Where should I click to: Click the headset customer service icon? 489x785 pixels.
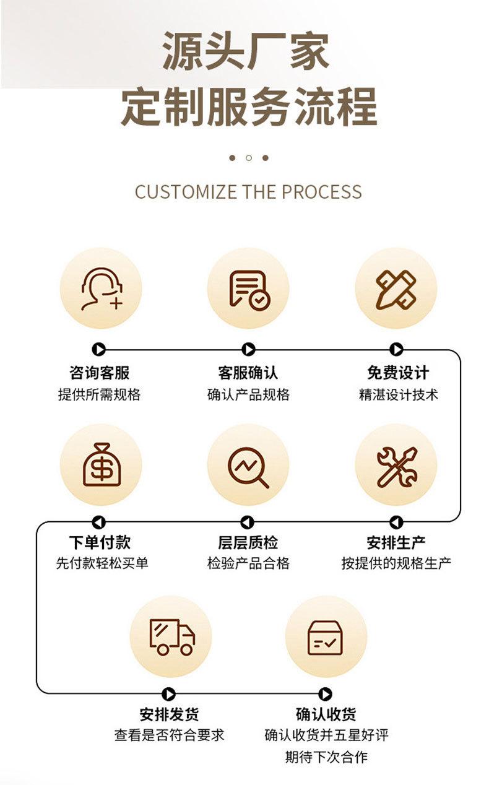pos(101,289)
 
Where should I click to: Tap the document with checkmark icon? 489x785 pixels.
pos(248,289)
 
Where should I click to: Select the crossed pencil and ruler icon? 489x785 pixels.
pos(396,289)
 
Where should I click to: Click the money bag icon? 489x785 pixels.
pos(101,465)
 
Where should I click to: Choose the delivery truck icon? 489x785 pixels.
pos(171,636)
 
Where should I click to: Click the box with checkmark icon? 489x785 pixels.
pos(326,636)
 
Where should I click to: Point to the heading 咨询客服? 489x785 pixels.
pos(100,373)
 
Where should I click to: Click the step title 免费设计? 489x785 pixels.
pos(397,373)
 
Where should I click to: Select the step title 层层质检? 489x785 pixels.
pos(248,543)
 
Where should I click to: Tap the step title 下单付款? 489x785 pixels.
pos(100,543)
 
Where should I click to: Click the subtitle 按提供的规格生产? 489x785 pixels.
pos(396,563)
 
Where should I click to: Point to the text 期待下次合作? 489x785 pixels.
pos(326,757)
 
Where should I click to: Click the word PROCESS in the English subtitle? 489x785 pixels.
pos(322,192)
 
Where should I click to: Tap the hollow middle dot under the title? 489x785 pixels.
pos(248,158)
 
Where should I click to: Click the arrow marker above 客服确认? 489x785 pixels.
pos(248,350)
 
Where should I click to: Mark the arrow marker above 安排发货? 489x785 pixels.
pos(168,694)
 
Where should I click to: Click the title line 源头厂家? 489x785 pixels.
pos(246,52)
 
